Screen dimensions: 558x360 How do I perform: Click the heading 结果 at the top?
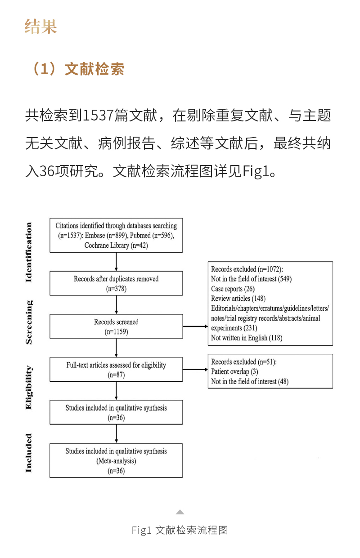[x=41, y=26]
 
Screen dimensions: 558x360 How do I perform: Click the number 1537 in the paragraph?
[x=98, y=116]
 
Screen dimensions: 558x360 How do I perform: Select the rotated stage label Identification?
[x=29, y=252]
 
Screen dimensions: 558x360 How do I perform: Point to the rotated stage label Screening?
[x=29, y=322]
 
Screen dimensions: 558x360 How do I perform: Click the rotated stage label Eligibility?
[x=29, y=388]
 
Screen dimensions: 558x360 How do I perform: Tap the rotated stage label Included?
[x=29, y=453]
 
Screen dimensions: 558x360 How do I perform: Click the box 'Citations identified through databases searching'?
[x=116, y=236]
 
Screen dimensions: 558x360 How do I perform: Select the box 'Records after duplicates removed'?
[x=116, y=283]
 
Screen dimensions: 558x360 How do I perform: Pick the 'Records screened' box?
[x=116, y=326]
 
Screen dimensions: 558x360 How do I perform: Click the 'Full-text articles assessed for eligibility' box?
[x=116, y=370]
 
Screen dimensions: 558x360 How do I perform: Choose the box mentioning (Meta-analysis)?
[x=116, y=460]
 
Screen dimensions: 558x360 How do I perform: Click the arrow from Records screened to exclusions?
[x=195, y=327]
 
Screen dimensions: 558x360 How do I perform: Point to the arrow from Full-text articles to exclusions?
[x=195, y=370]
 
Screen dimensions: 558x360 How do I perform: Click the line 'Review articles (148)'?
[x=238, y=298]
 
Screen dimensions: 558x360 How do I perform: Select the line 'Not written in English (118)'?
[x=246, y=338]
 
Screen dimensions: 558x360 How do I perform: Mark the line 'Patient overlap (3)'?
[x=234, y=371]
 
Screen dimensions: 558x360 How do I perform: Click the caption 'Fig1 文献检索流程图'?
[x=180, y=531]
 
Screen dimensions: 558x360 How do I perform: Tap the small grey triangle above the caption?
[x=180, y=512]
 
